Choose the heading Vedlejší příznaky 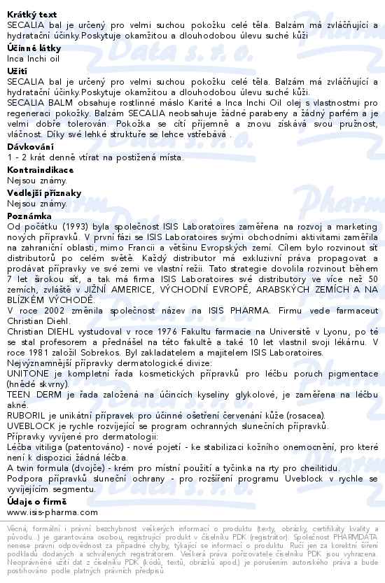[44, 192]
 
